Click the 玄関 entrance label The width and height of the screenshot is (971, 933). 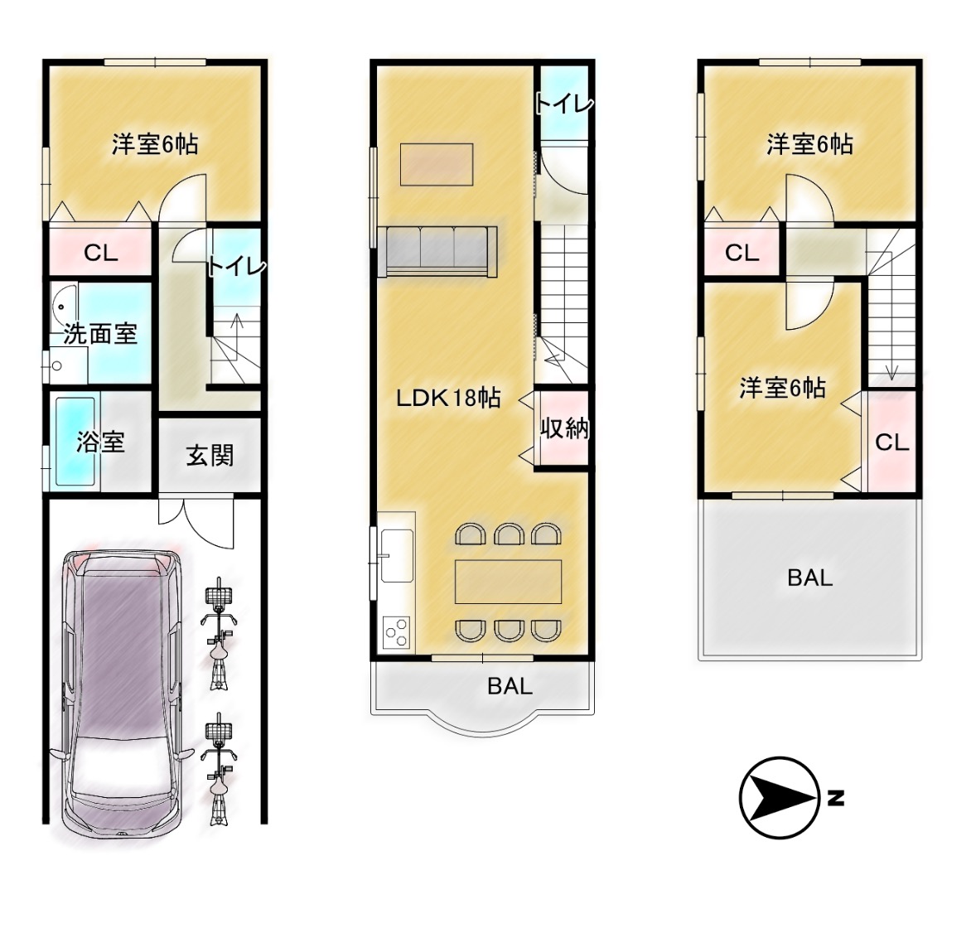coord(210,456)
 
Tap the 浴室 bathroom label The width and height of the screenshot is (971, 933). coord(100,442)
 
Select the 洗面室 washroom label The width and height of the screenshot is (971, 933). coord(100,335)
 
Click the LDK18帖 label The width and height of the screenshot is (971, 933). coord(448,398)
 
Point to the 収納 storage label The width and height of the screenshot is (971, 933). coord(564,428)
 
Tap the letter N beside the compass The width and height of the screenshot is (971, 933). coord(836,799)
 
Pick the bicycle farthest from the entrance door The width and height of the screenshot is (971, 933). coord(220,769)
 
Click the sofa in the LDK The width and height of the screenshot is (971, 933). coord(437,251)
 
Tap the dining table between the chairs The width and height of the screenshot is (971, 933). coord(509,582)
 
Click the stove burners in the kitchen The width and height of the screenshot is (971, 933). coord(396,632)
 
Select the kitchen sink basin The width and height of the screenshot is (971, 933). coord(397,556)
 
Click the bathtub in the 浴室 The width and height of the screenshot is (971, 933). coord(75,442)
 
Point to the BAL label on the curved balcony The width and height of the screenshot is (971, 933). coord(510,686)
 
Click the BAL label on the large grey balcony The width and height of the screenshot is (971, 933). coord(810,578)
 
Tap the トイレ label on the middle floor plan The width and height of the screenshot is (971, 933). coord(564,104)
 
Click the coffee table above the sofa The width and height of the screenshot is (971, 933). coord(437,164)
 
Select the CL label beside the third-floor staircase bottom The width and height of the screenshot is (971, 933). coord(892,442)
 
